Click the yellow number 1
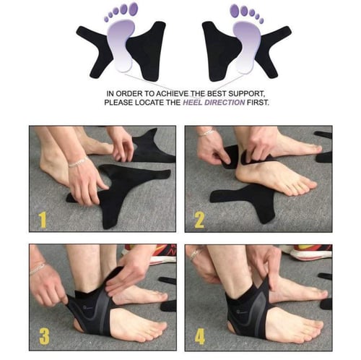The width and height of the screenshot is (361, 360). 43,220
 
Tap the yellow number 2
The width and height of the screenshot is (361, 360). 199,220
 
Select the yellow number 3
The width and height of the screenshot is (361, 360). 44,335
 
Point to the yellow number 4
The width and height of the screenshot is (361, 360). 200,335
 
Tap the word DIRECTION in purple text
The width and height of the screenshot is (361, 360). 225,103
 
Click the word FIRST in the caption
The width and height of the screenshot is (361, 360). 258,103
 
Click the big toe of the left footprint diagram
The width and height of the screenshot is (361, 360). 132,9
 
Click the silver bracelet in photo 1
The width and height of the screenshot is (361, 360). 78,162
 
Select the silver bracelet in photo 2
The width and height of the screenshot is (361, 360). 206,132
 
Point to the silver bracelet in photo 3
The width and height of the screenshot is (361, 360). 38,268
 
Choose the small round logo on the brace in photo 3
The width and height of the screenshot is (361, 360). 84,307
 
